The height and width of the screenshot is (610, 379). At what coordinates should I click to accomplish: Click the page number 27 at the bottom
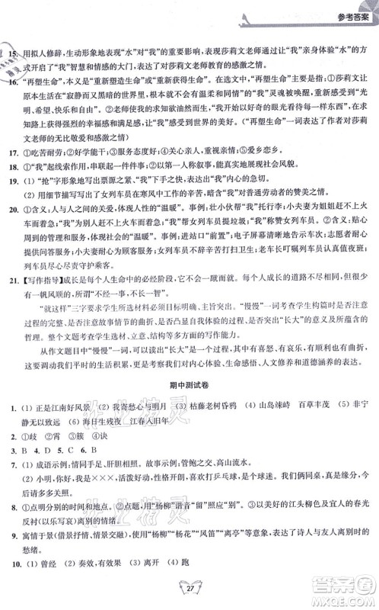189,594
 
